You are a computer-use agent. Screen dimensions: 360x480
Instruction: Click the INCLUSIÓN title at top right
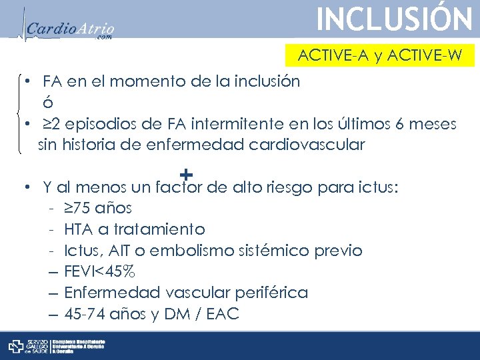click(x=394, y=19)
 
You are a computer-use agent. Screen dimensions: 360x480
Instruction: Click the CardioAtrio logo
click(x=71, y=29)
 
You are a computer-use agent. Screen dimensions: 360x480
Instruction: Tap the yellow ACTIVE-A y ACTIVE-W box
click(x=379, y=55)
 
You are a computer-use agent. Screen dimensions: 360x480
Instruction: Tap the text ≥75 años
click(x=98, y=208)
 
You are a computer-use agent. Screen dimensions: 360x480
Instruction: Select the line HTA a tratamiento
click(x=135, y=229)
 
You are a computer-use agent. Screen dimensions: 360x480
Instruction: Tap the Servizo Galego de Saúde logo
click(x=27, y=346)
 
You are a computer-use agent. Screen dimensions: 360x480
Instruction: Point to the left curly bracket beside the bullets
click(x=21, y=113)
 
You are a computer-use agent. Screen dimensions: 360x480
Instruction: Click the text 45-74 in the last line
click(x=84, y=314)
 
